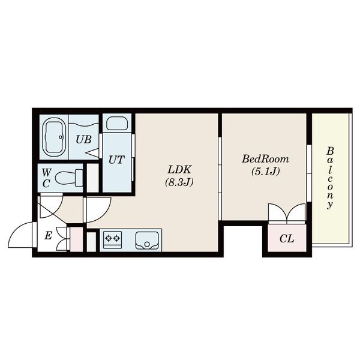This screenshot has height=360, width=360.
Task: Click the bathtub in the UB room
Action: click(x=55, y=137)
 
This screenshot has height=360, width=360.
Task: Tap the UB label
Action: click(x=84, y=139)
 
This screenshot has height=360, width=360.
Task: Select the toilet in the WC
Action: click(x=69, y=178)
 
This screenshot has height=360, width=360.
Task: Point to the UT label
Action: click(x=116, y=160)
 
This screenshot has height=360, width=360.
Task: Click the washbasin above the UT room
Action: click(x=117, y=124)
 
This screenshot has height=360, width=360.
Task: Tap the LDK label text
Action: click(x=179, y=170)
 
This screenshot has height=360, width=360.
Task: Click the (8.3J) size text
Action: click(x=179, y=182)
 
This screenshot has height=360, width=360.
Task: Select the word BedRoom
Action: click(x=265, y=159)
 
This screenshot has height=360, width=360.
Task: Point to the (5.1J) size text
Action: click(x=265, y=171)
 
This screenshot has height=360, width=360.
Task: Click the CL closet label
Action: click(x=287, y=239)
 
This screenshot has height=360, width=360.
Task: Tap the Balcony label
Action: click(x=330, y=178)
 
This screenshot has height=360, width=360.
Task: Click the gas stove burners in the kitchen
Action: click(x=113, y=239)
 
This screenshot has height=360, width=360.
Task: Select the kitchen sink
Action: click(x=147, y=241)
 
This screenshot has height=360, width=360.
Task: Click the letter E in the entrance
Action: click(x=48, y=236)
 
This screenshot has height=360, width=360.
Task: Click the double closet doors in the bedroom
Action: click(x=287, y=212)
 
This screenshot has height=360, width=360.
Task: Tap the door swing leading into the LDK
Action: click(x=98, y=210)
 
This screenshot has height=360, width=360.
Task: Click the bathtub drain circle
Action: click(x=61, y=137)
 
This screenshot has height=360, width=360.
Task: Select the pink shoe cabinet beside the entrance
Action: click(x=76, y=239)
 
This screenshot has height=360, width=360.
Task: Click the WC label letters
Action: click(x=46, y=178)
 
